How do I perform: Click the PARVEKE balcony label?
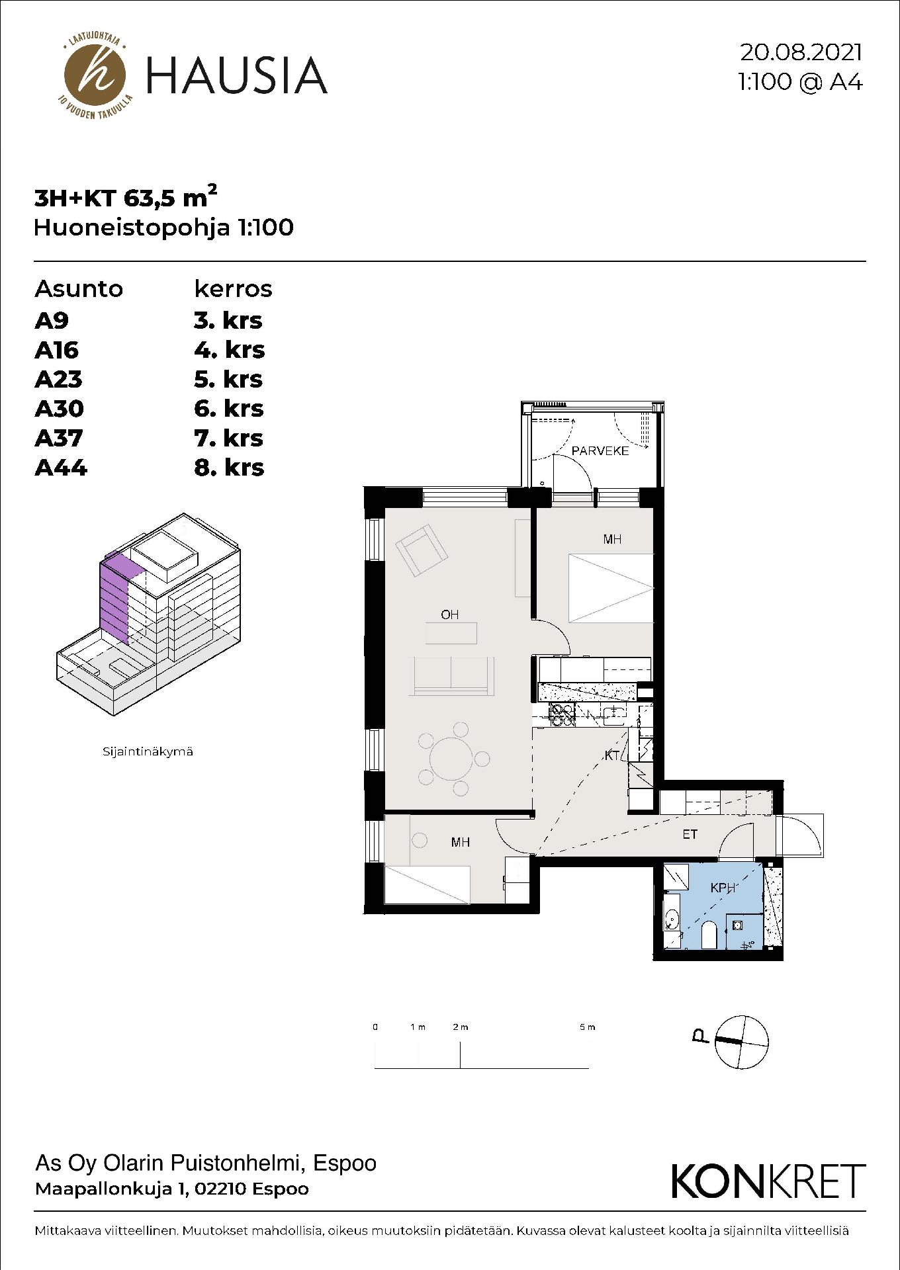click(x=600, y=450)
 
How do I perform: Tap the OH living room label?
click(x=450, y=614)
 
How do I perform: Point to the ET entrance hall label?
click(x=690, y=835)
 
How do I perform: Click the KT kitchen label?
click(x=611, y=755)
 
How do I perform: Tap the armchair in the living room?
click(x=421, y=549)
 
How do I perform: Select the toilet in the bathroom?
click(x=707, y=935)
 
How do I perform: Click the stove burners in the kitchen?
click(x=562, y=714)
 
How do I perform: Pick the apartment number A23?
click(x=59, y=380)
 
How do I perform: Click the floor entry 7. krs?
click(x=228, y=438)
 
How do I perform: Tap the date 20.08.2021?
click(x=801, y=52)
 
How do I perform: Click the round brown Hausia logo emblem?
click(x=95, y=75)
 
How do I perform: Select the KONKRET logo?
click(x=768, y=1181)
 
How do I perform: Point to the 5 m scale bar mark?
click(x=587, y=1027)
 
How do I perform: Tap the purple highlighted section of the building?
click(x=114, y=597)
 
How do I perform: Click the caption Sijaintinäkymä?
click(x=148, y=752)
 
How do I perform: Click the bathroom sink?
click(x=672, y=919)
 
